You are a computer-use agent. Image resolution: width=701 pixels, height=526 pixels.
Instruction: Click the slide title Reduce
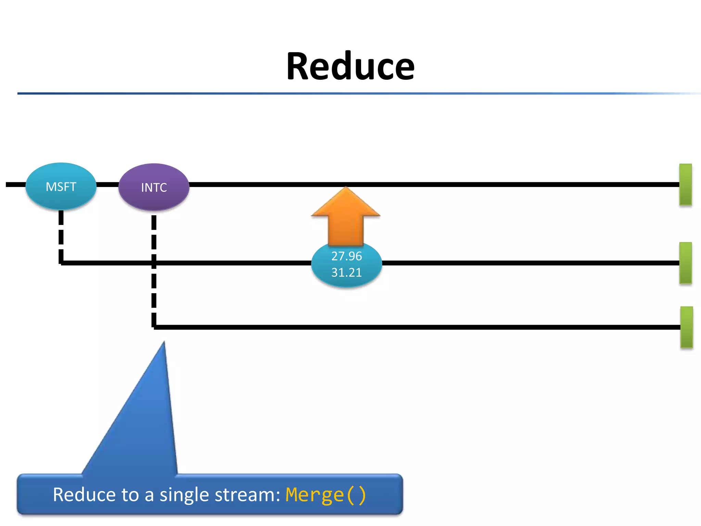click(350, 66)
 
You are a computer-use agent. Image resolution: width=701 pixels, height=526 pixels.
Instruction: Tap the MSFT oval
click(61, 186)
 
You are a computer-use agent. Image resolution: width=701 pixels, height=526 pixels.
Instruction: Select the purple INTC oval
click(154, 187)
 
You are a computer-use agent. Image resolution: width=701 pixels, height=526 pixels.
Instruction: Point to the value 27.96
click(346, 256)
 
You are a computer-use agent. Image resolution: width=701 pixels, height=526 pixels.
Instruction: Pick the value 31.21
click(346, 273)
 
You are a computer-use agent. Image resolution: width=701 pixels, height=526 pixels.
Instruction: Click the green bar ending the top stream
click(686, 185)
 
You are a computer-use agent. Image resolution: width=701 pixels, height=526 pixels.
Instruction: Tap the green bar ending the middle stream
click(686, 263)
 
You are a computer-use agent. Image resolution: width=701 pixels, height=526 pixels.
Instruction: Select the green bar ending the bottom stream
click(686, 327)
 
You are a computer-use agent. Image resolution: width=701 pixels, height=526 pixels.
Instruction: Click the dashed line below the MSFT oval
click(61, 236)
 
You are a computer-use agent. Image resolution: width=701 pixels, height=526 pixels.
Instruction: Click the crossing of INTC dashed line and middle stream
click(154, 263)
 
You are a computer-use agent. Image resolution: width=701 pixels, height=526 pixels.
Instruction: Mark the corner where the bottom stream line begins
click(154, 327)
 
